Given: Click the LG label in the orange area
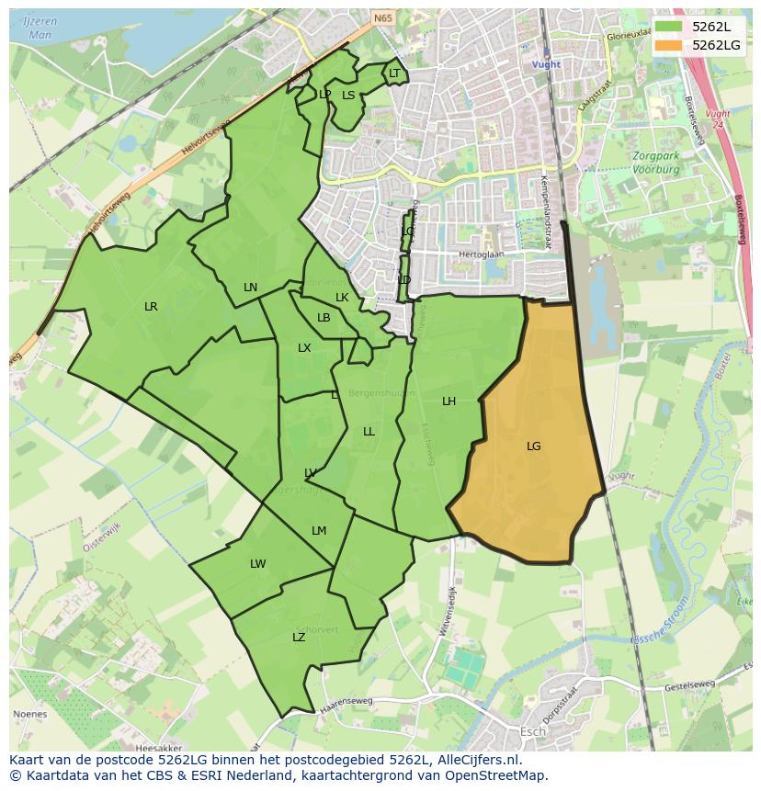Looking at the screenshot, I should coord(533,446).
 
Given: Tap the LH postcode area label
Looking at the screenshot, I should coord(449,401).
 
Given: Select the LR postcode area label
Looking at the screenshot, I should coord(151,307).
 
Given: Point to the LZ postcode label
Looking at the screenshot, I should coord(299,638).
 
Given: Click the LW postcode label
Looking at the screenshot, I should coord(257,564).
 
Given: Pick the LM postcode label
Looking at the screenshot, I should coord(319,531).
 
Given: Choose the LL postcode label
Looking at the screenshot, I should coord(369,432).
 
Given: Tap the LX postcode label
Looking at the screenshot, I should coord(304,348).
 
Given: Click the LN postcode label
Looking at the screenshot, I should coord(250,288).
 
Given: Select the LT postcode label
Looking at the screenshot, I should coord(394,73).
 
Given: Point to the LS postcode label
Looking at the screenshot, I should coord(348,95).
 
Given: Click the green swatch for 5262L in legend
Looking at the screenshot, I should coord(668,26).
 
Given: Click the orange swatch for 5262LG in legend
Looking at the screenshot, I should coord(668,44).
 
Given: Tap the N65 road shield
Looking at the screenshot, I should coord(382,17).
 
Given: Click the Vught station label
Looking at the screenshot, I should coord(546,64).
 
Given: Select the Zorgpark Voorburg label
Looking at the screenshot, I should coord(656,163).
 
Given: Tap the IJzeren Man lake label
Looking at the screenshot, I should coord(40,28).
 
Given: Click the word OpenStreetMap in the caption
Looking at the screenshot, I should coord(498,775).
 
